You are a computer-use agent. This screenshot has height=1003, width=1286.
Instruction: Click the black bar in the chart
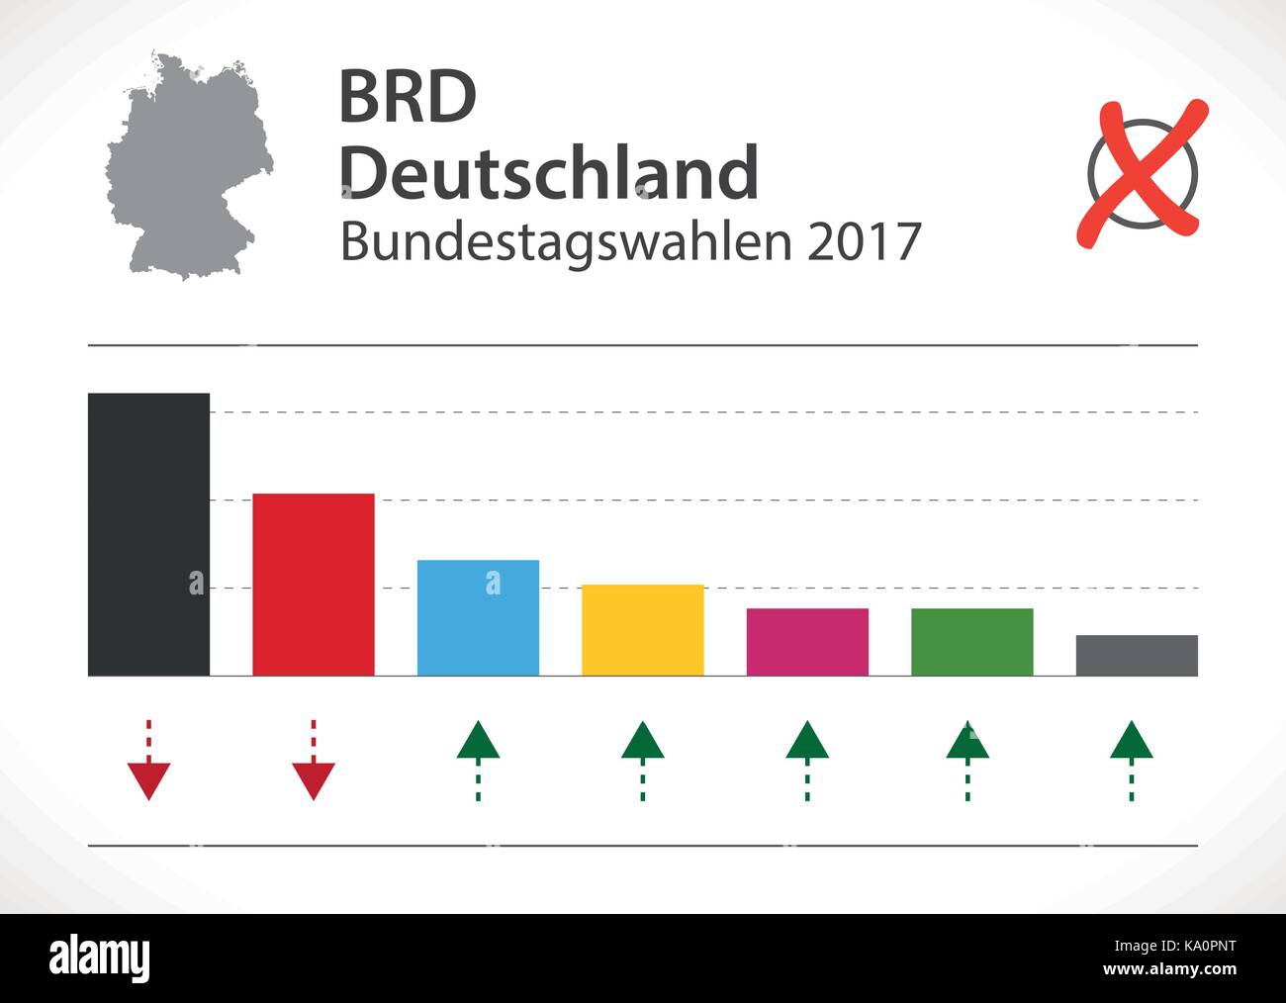(148, 534)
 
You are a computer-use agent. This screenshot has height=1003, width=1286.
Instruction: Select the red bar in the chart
(314, 584)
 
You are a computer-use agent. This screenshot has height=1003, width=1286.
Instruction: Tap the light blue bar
(478, 617)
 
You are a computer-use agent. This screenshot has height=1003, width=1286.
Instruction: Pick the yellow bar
(642, 630)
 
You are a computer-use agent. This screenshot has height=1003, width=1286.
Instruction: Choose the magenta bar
(807, 642)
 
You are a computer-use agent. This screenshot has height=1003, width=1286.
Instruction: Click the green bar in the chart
(971, 642)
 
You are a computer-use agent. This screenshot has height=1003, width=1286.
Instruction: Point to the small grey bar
(1136, 655)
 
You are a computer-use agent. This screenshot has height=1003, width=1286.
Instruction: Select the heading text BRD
(408, 98)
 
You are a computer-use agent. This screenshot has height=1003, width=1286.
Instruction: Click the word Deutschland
(549, 172)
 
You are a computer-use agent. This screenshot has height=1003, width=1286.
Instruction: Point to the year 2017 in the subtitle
(864, 242)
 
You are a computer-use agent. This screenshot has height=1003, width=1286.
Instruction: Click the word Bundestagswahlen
(567, 242)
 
